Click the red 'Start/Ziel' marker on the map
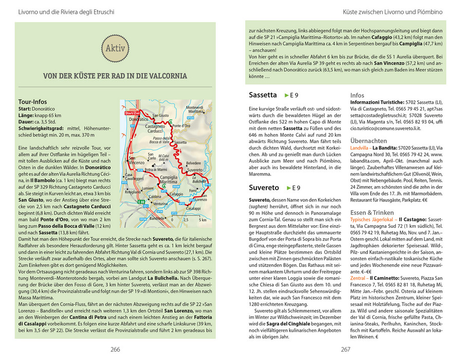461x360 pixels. click(x=133, y=113)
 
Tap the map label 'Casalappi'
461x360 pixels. click(x=193, y=208)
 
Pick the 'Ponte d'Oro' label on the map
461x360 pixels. click(x=181, y=126)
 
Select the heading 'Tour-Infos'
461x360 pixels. click(x=32, y=102)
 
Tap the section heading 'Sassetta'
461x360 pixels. click(x=263, y=95)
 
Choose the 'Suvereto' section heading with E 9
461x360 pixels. click(x=264, y=188)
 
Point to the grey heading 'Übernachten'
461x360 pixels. click(x=368, y=141)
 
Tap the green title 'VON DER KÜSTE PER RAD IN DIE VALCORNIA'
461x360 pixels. click(x=115, y=76)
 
